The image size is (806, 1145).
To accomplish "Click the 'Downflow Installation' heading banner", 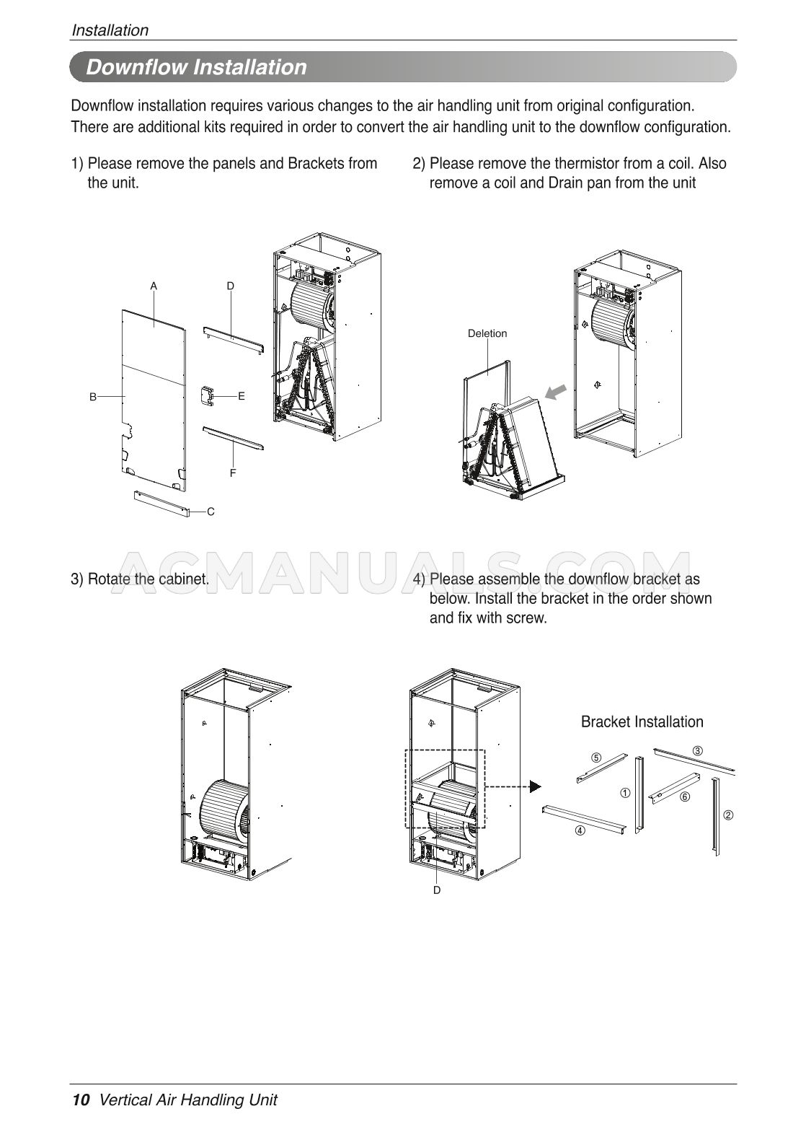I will click(x=196, y=67).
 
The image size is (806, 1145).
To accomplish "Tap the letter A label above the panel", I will click(x=154, y=286).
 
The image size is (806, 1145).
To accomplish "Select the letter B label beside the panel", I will click(x=93, y=396).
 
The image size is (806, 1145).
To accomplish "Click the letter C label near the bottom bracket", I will click(x=211, y=512).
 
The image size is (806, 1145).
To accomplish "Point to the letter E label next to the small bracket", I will click(x=242, y=396).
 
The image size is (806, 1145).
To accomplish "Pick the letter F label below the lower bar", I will click(x=233, y=473).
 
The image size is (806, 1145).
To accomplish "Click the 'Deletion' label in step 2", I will click(x=487, y=333).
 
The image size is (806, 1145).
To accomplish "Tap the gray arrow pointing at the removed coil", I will click(x=556, y=392).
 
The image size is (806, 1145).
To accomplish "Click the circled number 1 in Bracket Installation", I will click(x=624, y=793).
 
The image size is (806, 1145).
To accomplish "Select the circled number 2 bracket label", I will click(x=728, y=815).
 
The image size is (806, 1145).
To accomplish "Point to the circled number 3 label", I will click(x=697, y=751).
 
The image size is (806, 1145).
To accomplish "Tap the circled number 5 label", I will click(x=595, y=758).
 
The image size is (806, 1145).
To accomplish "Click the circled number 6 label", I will click(x=684, y=797).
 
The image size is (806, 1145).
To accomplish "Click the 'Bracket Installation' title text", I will click(x=642, y=722).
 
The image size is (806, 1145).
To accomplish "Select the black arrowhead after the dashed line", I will click(x=534, y=786).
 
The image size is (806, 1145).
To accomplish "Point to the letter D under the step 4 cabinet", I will click(x=437, y=890).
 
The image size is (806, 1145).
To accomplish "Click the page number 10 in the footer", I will click(x=81, y=1100).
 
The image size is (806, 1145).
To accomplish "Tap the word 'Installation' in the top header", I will click(x=110, y=30).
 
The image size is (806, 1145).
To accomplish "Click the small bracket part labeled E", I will click(x=208, y=395).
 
